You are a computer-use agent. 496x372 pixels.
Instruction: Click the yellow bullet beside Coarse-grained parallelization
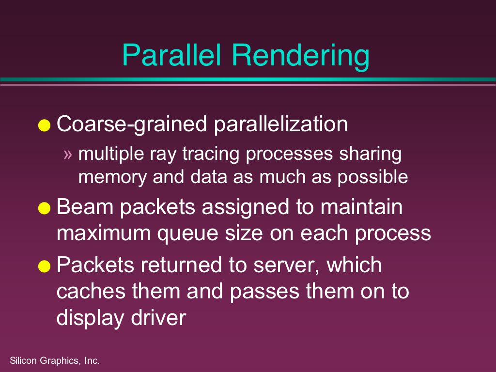point(44,125)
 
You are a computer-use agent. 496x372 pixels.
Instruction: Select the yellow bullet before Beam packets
point(44,208)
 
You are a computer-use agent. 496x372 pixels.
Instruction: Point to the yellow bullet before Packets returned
point(44,266)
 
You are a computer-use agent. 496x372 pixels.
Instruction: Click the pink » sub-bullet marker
point(68,155)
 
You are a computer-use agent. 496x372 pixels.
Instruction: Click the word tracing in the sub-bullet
point(211,155)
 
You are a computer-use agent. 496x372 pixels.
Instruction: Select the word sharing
point(371,155)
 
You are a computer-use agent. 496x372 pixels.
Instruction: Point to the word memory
point(112,178)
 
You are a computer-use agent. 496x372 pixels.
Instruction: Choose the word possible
point(372,177)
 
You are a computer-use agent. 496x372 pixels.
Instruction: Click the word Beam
point(85,207)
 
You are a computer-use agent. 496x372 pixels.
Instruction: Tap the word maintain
point(361,207)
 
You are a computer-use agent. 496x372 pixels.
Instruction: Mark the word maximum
point(104,233)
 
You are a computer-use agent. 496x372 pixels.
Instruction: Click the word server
point(286,266)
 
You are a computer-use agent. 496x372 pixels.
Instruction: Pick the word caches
point(91,291)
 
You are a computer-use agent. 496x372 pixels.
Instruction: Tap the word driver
point(158,318)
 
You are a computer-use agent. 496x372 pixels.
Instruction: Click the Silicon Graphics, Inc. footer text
point(55,360)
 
